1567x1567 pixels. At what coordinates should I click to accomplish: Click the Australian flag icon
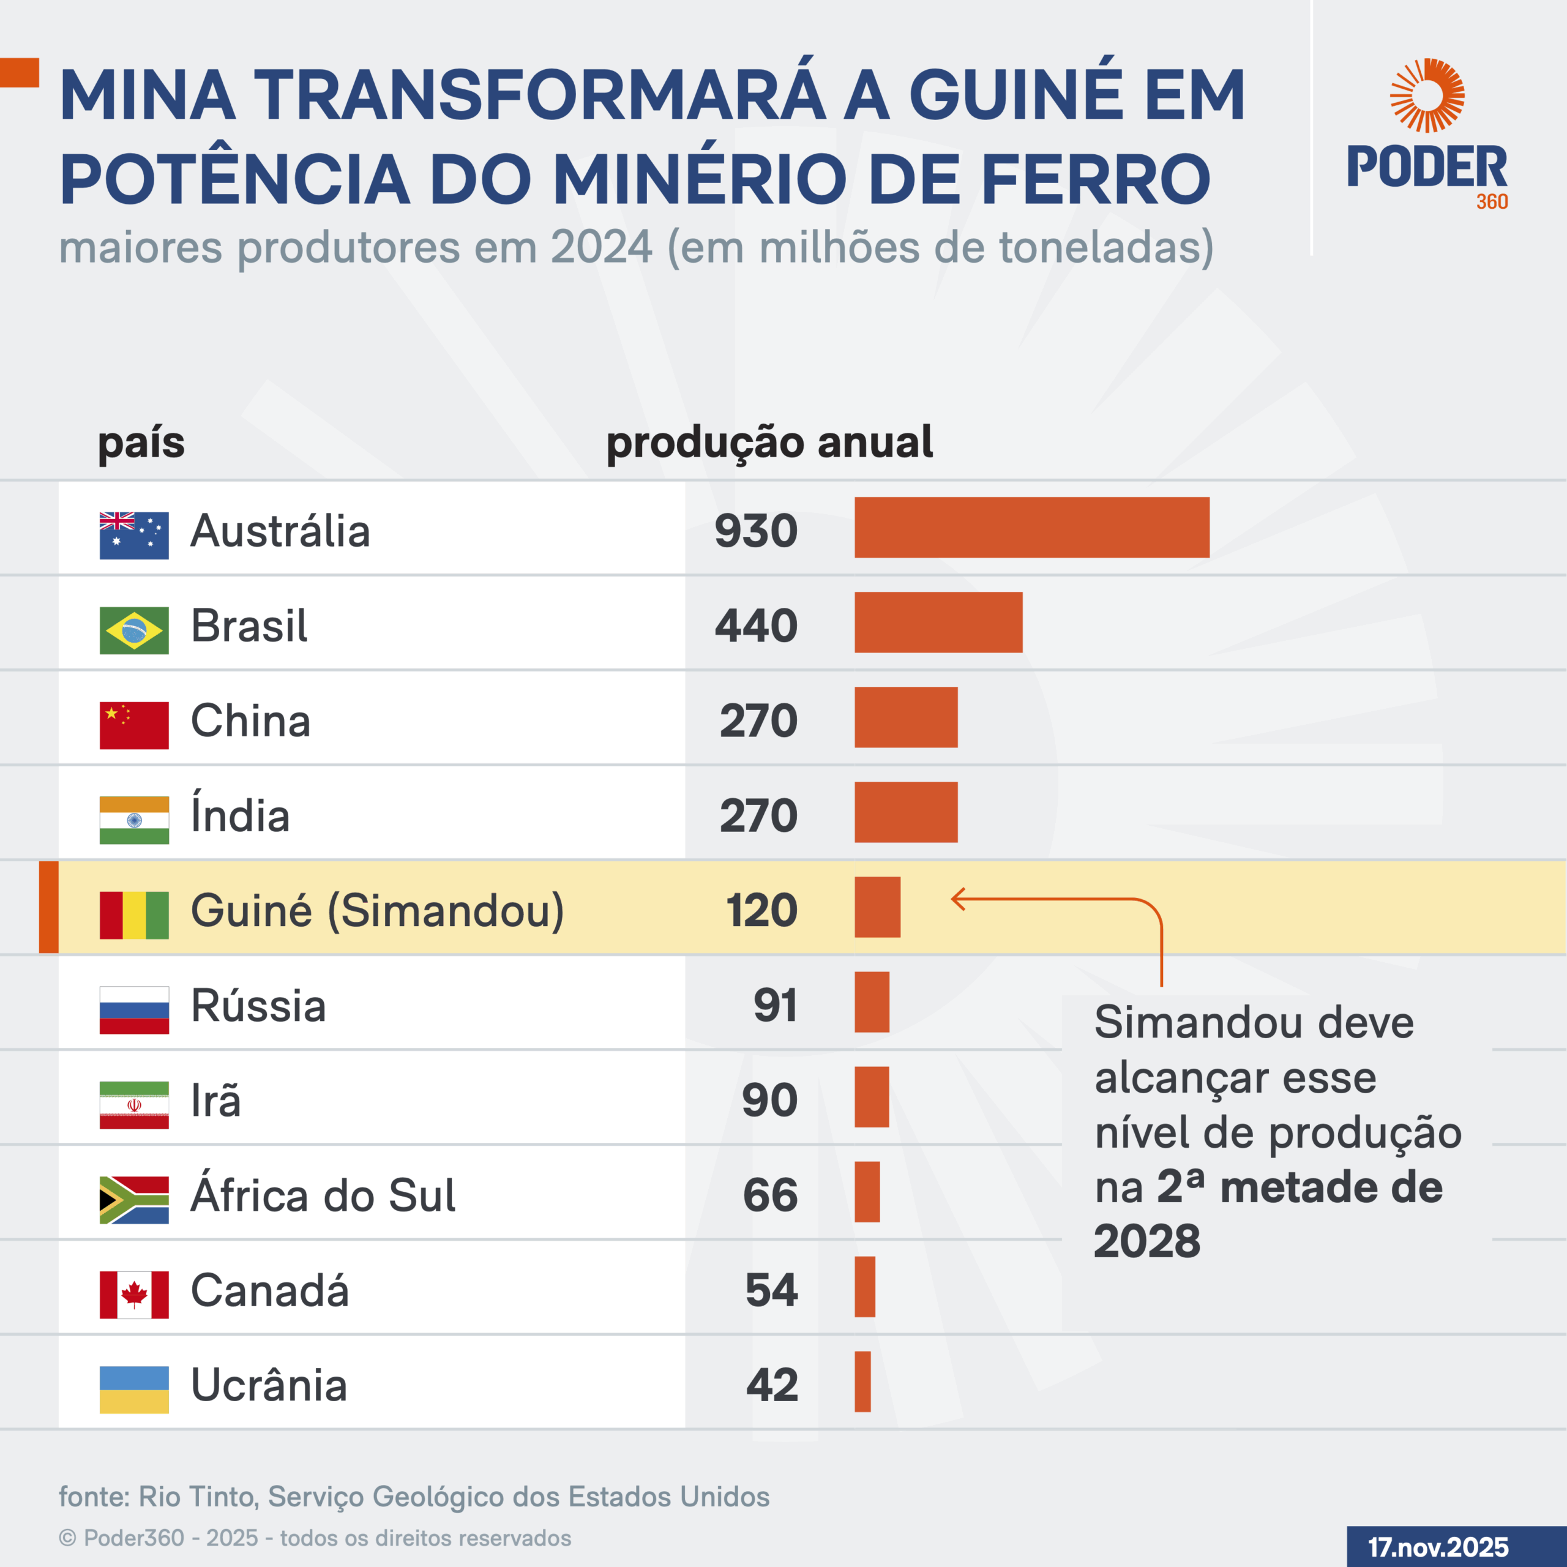coord(134,536)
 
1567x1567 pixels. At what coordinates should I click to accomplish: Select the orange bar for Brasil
coord(938,622)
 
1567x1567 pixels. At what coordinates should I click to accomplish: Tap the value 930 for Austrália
coord(756,531)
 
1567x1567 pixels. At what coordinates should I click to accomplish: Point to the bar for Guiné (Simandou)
coord(877,907)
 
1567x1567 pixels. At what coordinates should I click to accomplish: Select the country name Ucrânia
coord(269,1385)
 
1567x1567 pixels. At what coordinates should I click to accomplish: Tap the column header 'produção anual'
coord(769,443)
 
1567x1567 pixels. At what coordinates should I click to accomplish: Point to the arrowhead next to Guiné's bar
coord(958,899)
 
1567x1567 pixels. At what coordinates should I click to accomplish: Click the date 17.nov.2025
coord(1438,1547)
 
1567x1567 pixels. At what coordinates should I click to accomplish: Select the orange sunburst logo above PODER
coord(1427,95)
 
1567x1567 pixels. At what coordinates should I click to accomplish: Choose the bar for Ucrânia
coord(862,1382)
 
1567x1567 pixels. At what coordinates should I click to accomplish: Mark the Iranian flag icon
coord(134,1105)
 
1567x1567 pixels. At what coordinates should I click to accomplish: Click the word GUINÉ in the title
coord(1015,95)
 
